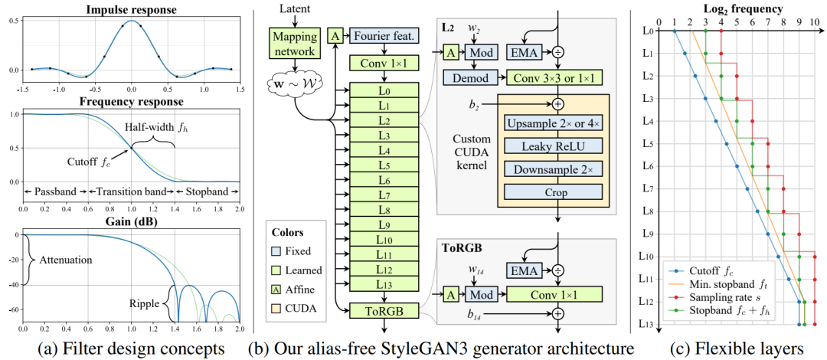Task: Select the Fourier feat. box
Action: click(x=384, y=35)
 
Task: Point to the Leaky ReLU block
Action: click(x=553, y=146)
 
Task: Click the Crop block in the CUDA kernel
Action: click(x=553, y=194)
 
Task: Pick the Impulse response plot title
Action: click(x=131, y=10)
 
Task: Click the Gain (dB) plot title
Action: click(x=131, y=221)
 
